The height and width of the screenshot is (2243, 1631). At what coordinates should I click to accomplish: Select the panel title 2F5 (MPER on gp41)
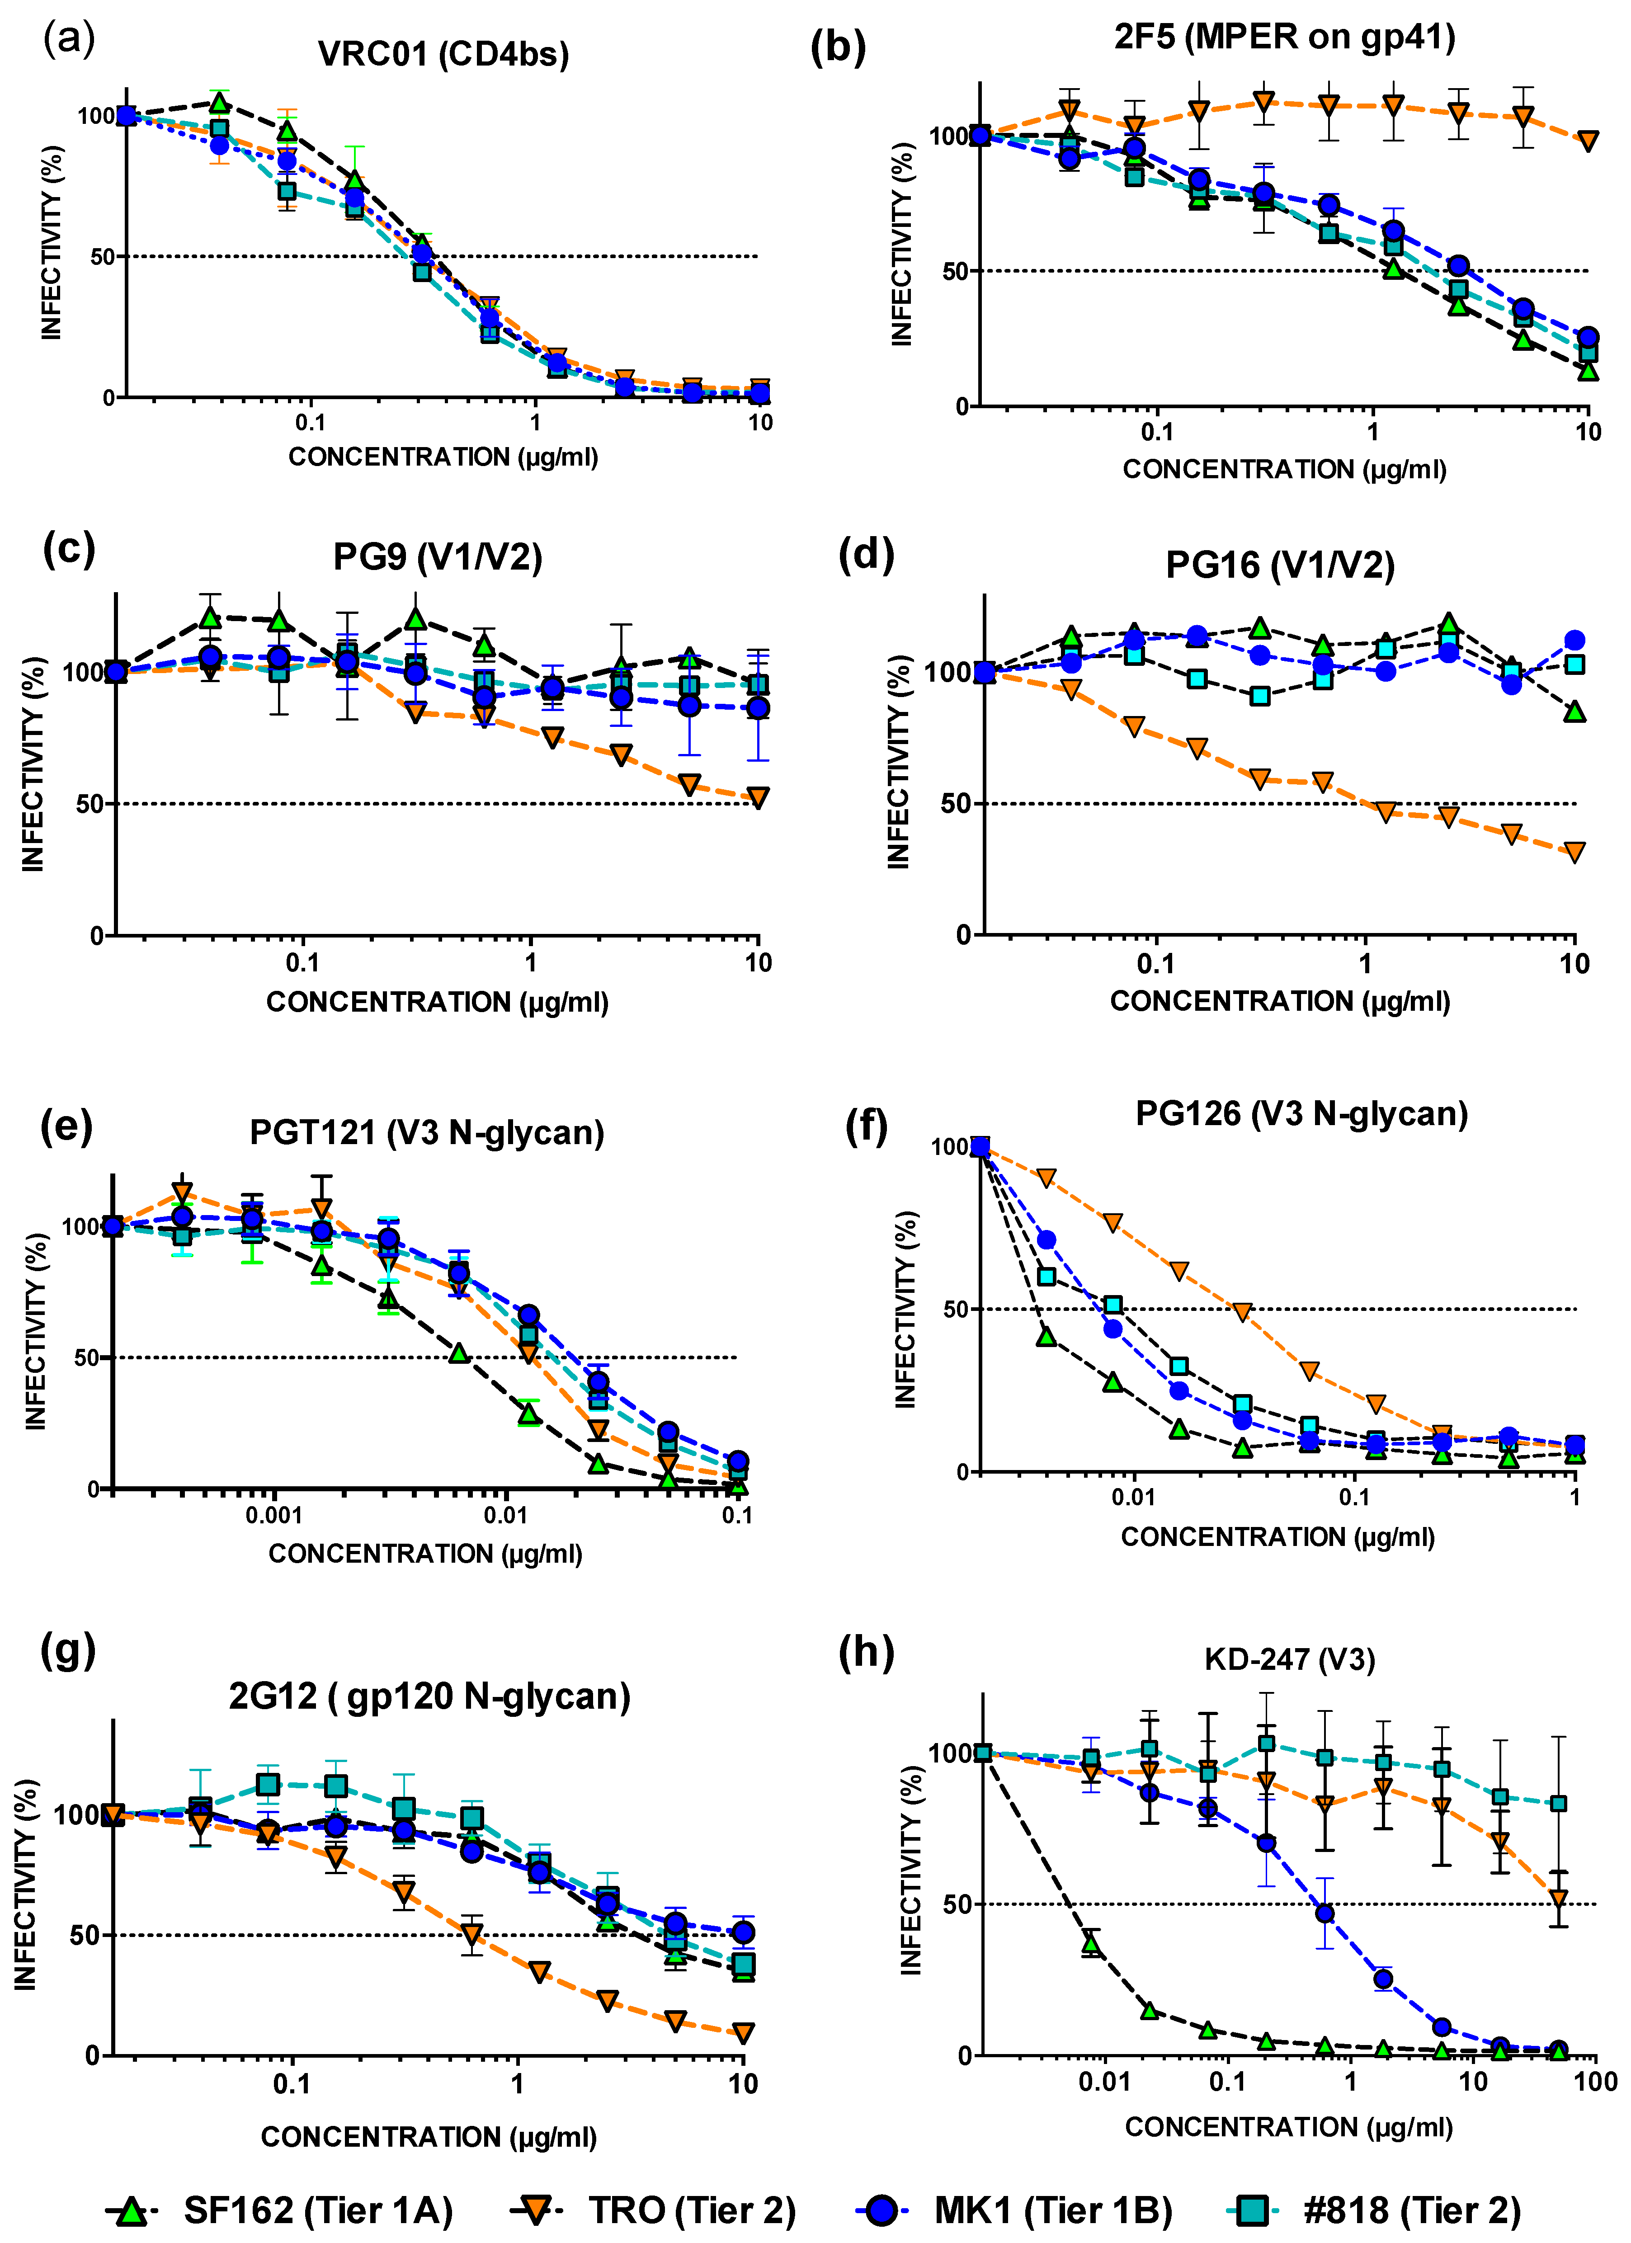pyautogui.click(x=1284, y=38)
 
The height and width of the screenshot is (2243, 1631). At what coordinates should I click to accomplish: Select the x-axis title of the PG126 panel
pyautogui.click(x=1277, y=1537)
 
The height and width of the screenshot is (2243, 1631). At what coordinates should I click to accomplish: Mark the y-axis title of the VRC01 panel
pyautogui.click(x=52, y=242)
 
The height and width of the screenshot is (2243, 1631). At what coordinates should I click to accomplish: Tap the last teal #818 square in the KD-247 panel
pyautogui.click(x=1558, y=1804)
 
